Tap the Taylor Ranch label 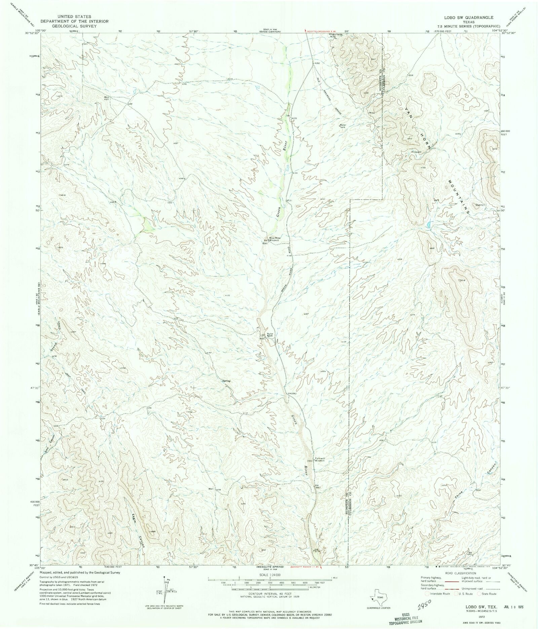pos(270,335)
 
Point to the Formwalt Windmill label pos(320,460)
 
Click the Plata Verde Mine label pos(337,36)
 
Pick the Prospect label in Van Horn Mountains pos(416,152)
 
